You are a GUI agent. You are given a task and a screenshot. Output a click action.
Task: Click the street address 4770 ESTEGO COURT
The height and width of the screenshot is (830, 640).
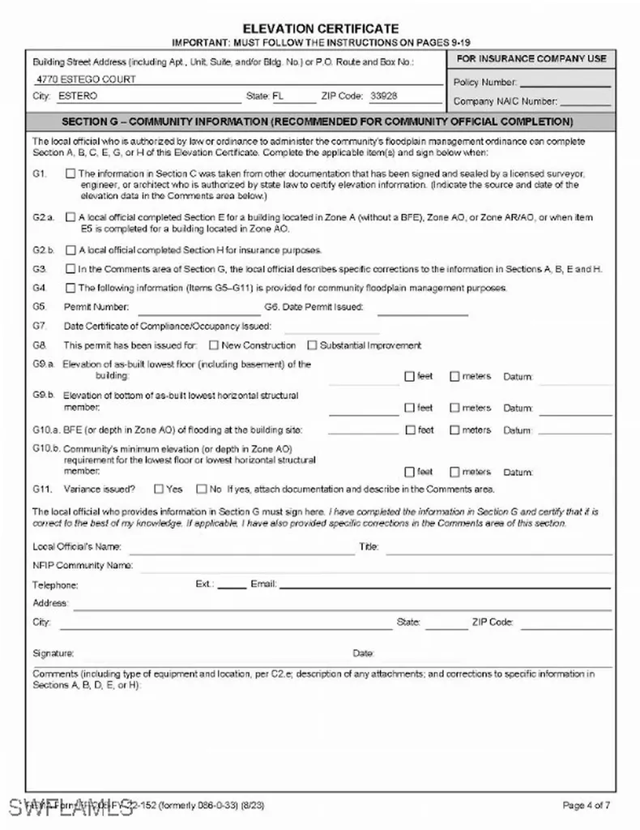[87, 79]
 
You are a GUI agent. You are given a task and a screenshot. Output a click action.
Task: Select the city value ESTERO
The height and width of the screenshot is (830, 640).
[78, 96]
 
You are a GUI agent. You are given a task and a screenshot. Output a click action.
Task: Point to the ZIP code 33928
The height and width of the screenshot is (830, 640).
[383, 96]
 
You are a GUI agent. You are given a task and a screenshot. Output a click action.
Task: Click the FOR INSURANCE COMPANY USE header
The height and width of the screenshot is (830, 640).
[531, 59]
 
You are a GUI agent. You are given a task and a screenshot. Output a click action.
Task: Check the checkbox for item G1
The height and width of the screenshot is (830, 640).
[71, 173]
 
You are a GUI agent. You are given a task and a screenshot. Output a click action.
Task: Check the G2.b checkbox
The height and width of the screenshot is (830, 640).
[71, 250]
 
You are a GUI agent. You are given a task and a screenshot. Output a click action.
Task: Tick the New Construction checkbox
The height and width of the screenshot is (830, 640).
[214, 345]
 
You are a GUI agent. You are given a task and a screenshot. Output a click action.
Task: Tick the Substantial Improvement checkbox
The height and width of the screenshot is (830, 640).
[313, 345]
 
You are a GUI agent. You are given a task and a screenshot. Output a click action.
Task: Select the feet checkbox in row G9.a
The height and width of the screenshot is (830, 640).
[410, 376]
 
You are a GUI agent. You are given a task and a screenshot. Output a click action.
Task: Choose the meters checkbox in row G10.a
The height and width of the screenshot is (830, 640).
[454, 430]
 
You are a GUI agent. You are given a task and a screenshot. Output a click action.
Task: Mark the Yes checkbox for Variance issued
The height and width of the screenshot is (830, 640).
[157, 489]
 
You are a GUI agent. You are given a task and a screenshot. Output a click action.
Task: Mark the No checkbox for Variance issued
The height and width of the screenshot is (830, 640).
[202, 489]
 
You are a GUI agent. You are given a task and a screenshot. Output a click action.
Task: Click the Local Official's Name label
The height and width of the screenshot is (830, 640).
[77, 547]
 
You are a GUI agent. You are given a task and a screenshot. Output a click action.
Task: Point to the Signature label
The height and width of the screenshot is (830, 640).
[53, 653]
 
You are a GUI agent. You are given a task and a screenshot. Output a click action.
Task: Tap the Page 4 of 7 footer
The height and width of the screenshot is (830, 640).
[587, 805]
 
